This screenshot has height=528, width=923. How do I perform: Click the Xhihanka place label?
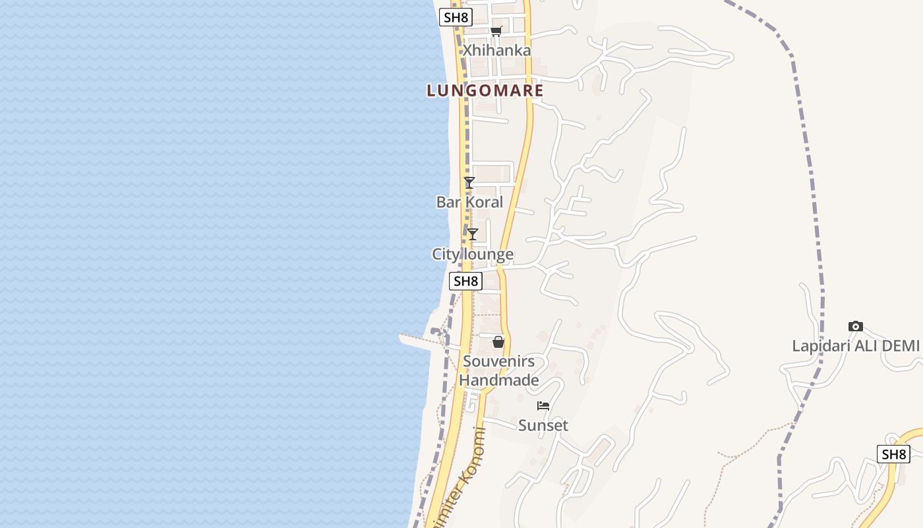(496, 50)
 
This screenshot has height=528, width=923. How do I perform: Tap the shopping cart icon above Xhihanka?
(496, 31)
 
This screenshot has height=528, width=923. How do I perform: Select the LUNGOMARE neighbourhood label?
(485, 90)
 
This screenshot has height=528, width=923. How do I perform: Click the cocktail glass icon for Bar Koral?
(469, 182)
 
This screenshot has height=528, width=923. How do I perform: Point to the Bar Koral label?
(469, 202)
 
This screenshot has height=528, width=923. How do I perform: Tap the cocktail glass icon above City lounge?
(473, 234)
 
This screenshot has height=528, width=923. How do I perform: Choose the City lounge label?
(473, 254)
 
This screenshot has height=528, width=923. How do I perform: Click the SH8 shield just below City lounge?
(465, 281)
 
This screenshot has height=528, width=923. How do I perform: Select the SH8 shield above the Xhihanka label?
(456, 17)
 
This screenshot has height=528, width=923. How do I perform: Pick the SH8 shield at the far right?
(893, 454)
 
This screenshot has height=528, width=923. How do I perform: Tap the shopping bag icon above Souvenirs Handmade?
(498, 342)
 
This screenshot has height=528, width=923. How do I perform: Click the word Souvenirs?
(498, 361)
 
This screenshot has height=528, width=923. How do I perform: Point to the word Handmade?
(498, 380)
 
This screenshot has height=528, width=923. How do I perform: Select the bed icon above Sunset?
(543, 405)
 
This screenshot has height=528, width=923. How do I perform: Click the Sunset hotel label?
(543, 425)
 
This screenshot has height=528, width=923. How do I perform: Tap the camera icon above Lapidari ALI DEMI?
(856, 326)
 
